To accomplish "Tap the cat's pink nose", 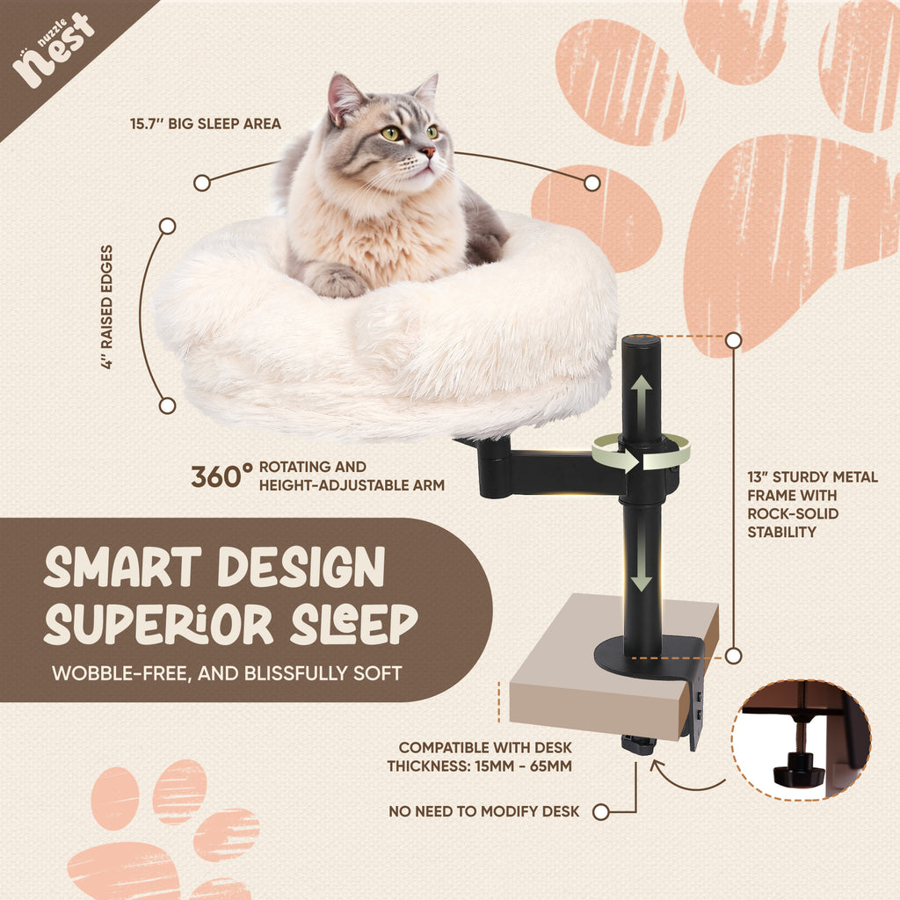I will point(426,153).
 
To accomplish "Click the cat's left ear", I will point(343,97).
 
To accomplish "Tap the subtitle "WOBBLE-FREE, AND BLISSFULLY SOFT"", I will point(227,674).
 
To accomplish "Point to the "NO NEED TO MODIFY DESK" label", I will point(483,812).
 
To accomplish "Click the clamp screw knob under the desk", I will point(639,744).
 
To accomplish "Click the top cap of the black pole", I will point(641,340).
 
